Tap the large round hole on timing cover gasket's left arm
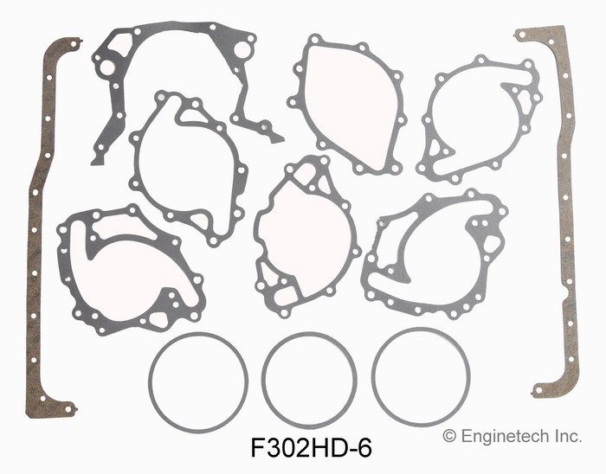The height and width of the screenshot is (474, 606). tap(107, 67)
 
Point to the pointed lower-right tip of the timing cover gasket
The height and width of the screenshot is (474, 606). tap(279, 138)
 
